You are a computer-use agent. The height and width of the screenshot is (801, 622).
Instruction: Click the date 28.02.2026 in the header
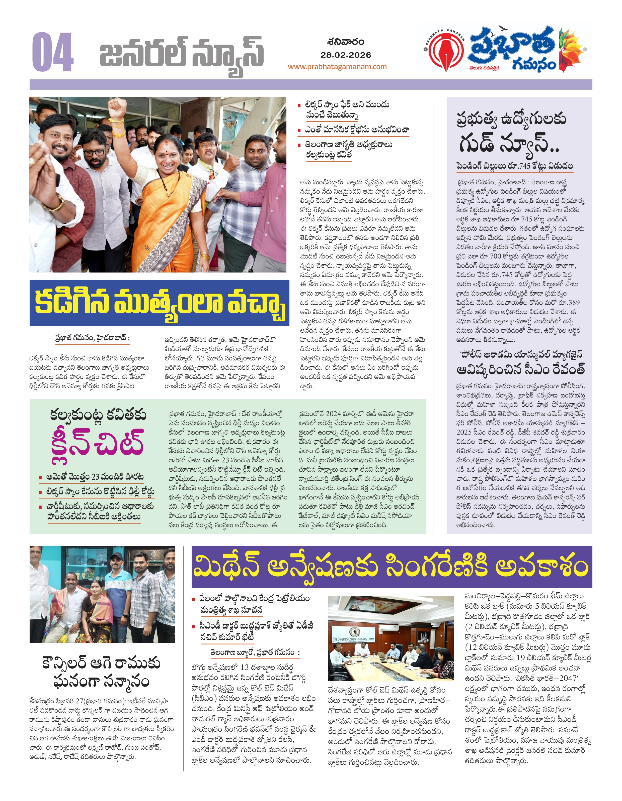(346, 55)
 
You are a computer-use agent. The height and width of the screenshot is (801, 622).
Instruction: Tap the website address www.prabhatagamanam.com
(337, 67)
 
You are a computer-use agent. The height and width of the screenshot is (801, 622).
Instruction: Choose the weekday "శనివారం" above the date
(346, 42)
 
